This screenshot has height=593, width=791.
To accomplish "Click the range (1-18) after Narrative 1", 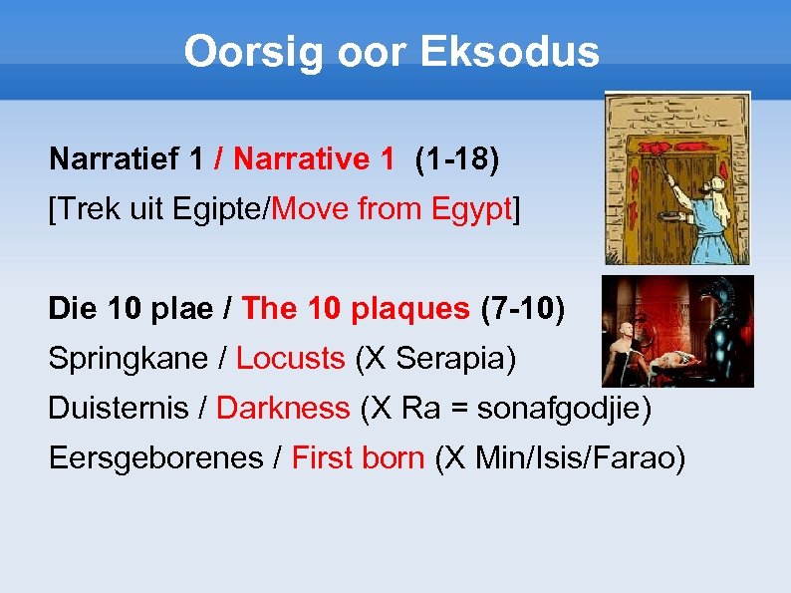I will tap(457, 158).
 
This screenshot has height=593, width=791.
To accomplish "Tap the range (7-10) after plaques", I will tap(522, 309).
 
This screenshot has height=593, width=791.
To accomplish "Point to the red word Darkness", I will tap(283, 409).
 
